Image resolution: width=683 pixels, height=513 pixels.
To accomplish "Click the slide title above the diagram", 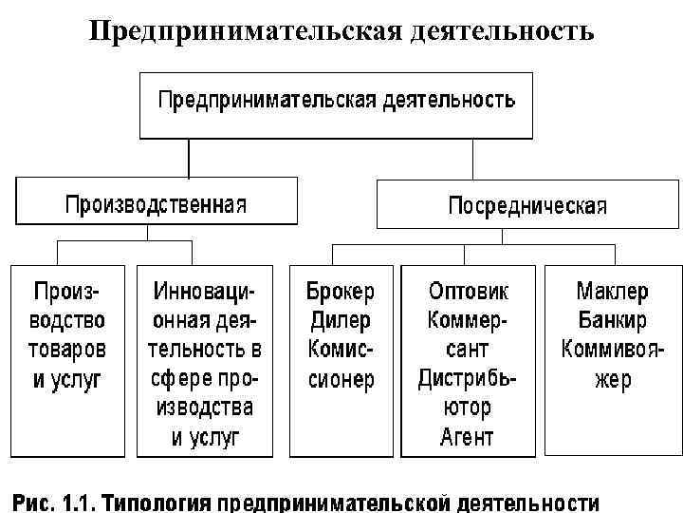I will pyautogui.click(x=341, y=32).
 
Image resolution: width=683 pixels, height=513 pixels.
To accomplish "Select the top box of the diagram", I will pyautogui.click(x=337, y=103).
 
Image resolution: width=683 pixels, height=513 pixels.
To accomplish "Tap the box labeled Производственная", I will pyautogui.click(x=156, y=203).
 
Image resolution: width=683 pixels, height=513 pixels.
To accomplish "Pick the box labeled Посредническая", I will pyautogui.click(x=527, y=205).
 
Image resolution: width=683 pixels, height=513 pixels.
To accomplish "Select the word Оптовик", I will pyautogui.click(x=468, y=291).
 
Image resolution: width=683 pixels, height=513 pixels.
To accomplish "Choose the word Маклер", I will pyautogui.click(x=611, y=291).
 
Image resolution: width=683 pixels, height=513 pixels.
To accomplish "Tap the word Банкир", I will pyautogui.click(x=611, y=320).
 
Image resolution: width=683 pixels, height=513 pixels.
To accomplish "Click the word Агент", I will pyautogui.click(x=468, y=438).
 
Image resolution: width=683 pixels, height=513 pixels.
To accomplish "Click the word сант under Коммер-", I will pyautogui.click(x=468, y=350).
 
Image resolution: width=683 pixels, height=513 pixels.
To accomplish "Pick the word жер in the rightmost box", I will pyautogui.click(x=611, y=379).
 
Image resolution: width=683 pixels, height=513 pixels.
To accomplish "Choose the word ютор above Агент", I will pyautogui.click(x=468, y=408).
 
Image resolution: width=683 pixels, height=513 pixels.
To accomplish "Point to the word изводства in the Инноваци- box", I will pyautogui.click(x=205, y=408).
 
